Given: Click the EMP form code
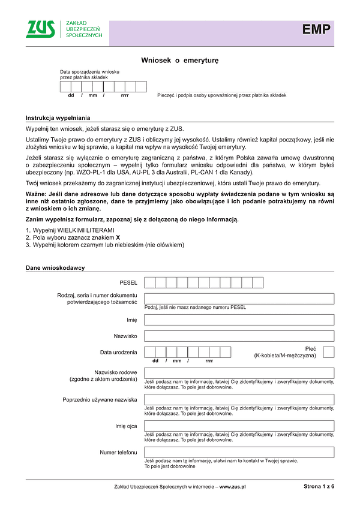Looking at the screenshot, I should (x=316, y=30).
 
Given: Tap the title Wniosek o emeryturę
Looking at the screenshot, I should (x=180, y=61).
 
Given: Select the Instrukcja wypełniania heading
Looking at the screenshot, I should (x=58, y=118).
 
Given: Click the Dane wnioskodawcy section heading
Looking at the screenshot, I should (x=55, y=267).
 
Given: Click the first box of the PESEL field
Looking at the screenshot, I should (x=150, y=282).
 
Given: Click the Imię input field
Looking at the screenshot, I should (x=239, y=320).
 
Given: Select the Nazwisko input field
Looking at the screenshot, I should (x=239, y=336).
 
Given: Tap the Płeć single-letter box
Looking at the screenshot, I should (x=329, y=351).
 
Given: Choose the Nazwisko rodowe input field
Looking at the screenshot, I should (x=239, y=373).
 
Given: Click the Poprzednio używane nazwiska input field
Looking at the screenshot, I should (x=239, y=399).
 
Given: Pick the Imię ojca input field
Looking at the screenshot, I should (x=239, y=426).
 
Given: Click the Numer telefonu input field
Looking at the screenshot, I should (x=239, y=452).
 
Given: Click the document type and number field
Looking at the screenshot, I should (x=239, y=299).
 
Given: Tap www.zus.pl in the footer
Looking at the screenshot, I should (x=233, y=487).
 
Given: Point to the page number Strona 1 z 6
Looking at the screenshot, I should (x=319, y=487).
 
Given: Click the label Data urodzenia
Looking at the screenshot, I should (x=119, y=352).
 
